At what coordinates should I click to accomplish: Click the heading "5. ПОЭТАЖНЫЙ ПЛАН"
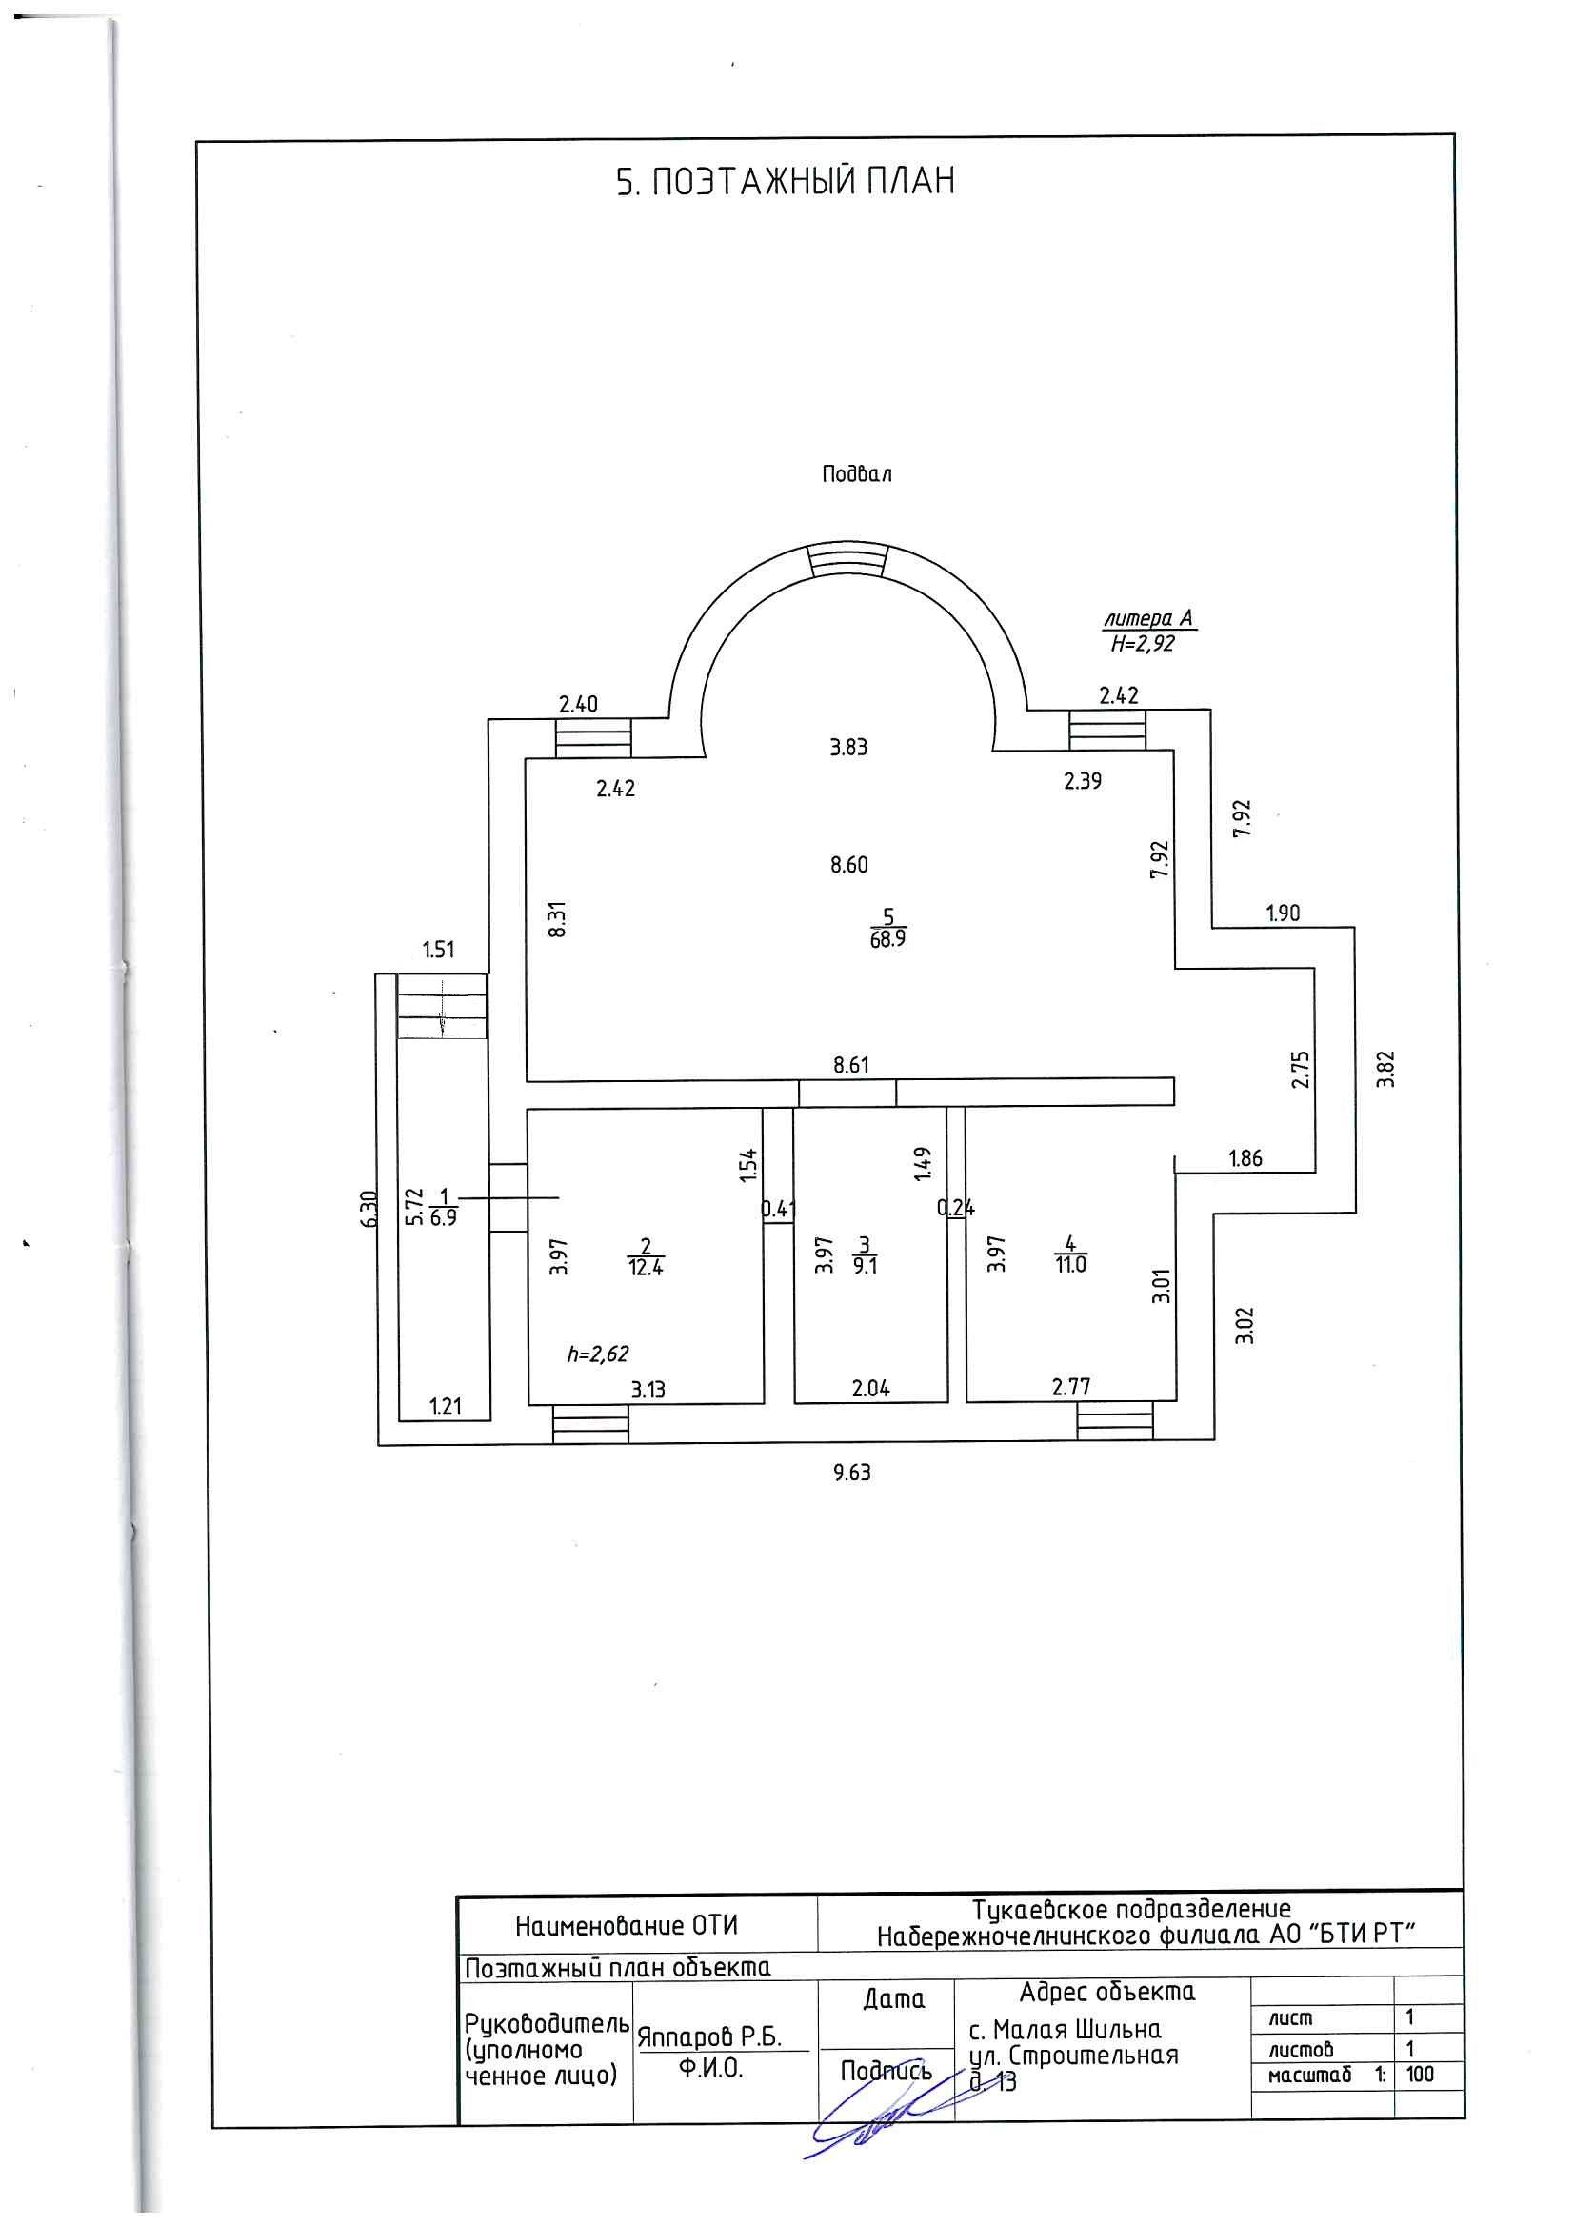[786, 182]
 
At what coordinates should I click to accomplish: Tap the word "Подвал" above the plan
[856, 474]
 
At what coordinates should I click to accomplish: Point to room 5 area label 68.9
[887, 940]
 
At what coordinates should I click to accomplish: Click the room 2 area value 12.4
[645, 1267]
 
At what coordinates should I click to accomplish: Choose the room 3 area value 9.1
[864, 1266]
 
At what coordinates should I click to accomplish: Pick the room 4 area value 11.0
[1070, 1266]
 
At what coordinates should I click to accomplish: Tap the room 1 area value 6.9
[443, 1219]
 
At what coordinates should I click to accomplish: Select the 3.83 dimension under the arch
[848, 747]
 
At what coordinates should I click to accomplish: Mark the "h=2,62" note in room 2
[598, 1354]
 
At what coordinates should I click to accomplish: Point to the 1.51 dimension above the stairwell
[438, 950]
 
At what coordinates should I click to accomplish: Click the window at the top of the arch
[847, 560]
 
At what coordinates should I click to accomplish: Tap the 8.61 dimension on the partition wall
[850, 1065]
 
